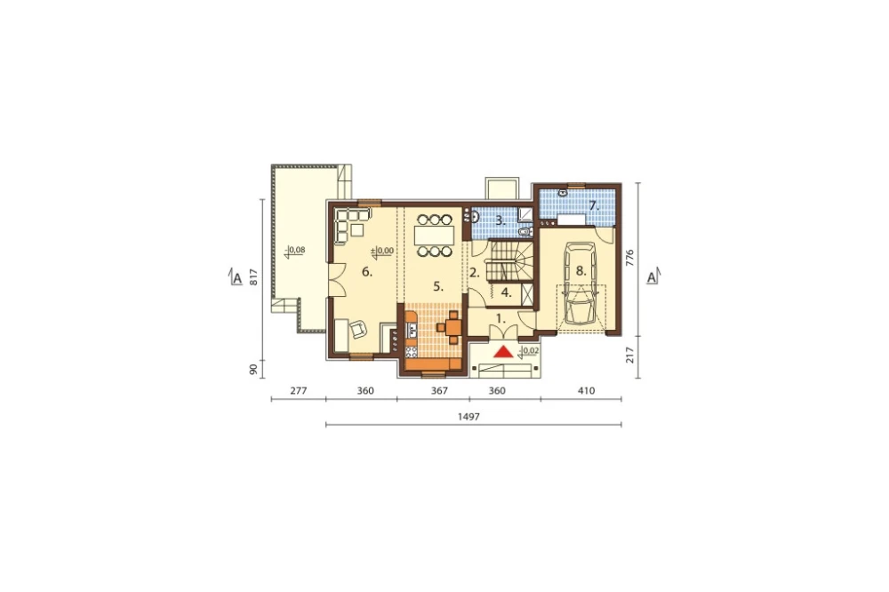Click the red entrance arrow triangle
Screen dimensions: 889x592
(503, 352)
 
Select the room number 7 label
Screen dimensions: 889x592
(594, 206)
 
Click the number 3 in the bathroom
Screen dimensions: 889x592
(500, 220)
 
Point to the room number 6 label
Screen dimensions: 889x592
(367, 272)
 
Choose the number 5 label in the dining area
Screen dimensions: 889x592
(437, 287)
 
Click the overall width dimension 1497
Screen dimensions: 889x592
(469, 416)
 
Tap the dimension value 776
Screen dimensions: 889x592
(630, 258)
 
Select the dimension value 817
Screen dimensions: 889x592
(254, 276)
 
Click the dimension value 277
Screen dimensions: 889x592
(298, 391)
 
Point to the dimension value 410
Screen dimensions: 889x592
(586, 391)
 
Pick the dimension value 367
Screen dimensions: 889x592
(439, 391)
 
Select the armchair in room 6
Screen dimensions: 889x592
(358, 330)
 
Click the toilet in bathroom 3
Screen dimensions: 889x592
(524, 232)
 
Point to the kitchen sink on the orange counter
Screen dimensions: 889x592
(411, 327)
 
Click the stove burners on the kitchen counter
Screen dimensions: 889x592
(411, 343)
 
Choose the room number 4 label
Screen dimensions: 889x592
(507, 293)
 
